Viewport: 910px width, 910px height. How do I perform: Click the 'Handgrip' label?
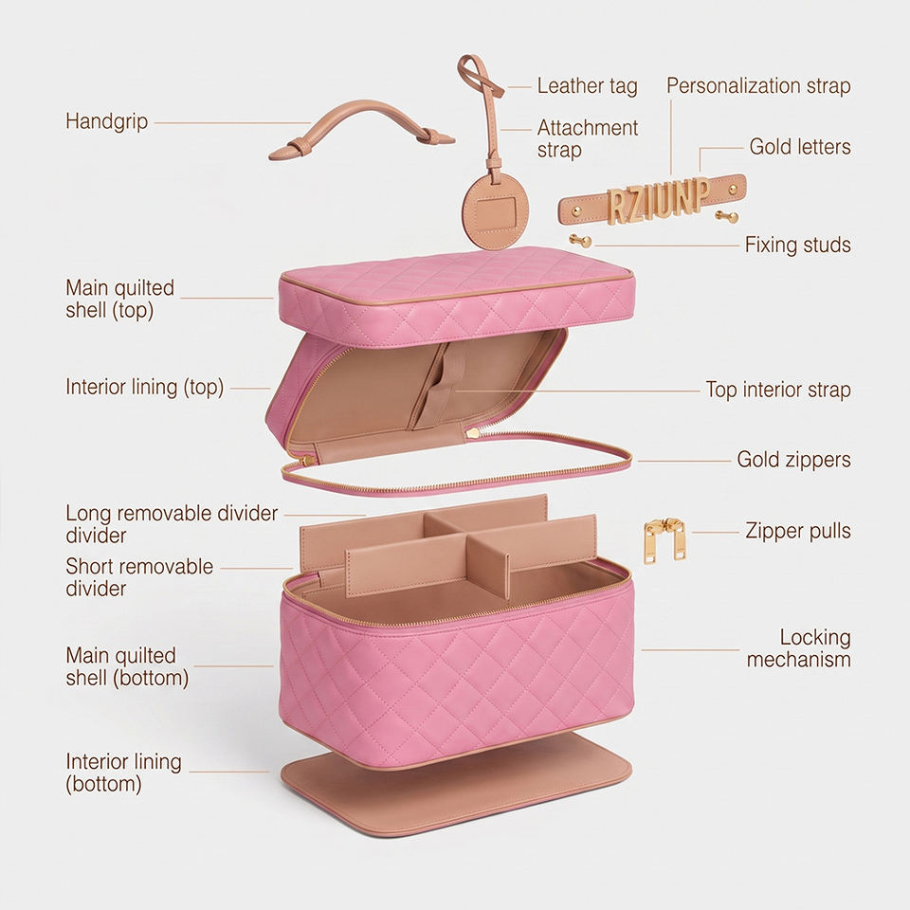(x=107, y=122)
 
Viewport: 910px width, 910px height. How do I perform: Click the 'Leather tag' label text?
(x=587, y=86)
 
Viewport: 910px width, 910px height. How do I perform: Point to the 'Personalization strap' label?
(x=758, y=86)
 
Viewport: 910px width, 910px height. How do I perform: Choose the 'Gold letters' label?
(x=800, y=147)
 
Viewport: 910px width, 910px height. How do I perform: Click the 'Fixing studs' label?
(x=798, y=245)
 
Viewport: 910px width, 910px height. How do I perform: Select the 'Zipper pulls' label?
(x=798, y=531)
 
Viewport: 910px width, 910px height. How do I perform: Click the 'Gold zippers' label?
(x=793, y=460)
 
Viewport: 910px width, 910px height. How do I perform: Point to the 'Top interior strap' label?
(x=778, y=390)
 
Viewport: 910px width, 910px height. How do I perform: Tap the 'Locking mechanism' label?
(x=798, y=648)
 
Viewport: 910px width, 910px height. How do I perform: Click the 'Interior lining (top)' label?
(x=144, y=388)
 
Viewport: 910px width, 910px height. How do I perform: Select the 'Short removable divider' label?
(x=139, y=577)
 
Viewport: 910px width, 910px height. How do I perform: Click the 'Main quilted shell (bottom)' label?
(x=127, y=666)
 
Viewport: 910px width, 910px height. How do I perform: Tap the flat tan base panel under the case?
(x=456, y=784)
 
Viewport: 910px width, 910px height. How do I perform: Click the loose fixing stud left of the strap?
(x=580, y=240)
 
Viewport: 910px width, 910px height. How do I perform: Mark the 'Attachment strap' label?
(x=587, y=138)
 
